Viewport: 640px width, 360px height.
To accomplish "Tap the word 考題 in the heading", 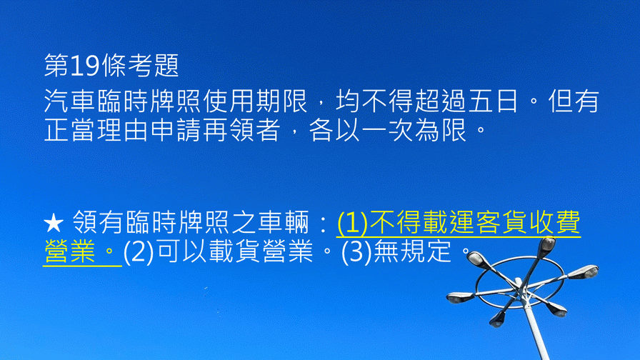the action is (154, 66).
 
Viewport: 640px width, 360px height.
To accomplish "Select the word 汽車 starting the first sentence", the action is (69, 101).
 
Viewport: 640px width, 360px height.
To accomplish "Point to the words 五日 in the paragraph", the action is (493, 101).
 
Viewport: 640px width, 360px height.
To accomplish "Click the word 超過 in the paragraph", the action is (440, 101).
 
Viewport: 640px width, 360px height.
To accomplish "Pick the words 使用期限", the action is (255, 101).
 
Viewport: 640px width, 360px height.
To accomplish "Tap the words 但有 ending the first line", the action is (574, 101).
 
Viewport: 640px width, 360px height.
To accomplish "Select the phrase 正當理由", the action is (96, 130).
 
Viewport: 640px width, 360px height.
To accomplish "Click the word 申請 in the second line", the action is (176, 130).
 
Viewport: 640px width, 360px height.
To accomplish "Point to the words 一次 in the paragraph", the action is (387, 130).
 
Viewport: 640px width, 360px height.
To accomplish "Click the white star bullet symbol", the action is (54, 224).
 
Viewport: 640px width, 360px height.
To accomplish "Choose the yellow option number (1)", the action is (352, 224).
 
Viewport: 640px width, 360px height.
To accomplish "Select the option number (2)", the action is (139, 252).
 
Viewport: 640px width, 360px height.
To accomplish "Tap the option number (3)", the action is (356, 252).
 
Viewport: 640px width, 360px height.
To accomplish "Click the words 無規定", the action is (413, 251).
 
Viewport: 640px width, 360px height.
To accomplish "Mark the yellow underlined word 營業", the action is (69, 251).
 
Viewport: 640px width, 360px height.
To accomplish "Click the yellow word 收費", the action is (555, 222).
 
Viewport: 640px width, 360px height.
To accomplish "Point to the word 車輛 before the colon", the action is (284, 222).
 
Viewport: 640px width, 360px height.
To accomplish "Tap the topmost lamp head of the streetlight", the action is (546, 245).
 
